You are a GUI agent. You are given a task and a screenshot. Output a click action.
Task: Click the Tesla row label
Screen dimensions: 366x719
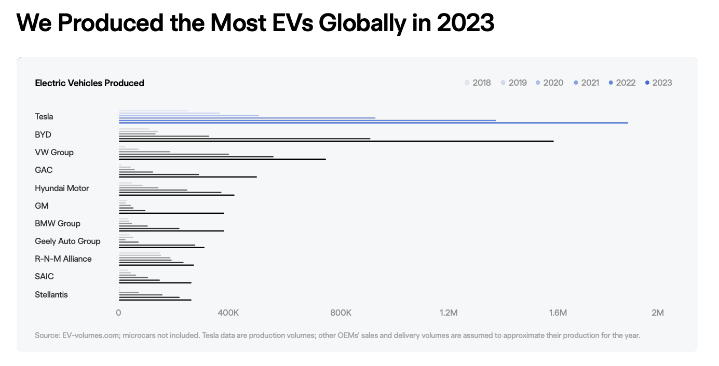[44, 117]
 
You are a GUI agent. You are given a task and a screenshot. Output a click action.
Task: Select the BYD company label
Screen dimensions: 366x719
[43, 134]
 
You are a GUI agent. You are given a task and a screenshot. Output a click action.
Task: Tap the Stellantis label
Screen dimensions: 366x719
[51, 294]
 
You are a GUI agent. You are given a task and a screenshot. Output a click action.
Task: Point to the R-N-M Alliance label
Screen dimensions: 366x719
[63, 259]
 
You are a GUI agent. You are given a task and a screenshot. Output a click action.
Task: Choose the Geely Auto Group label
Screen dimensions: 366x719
[67, 241]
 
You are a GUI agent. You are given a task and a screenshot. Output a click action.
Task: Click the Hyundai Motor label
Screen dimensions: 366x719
[62, 188]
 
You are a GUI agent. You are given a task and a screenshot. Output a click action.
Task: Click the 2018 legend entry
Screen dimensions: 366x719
[478, 83]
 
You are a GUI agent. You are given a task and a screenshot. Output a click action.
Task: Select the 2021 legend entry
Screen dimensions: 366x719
[587, 83]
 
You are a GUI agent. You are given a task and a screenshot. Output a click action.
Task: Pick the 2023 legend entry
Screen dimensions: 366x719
[659, 83]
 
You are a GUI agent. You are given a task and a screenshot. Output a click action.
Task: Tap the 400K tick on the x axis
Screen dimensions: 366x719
[228, 313]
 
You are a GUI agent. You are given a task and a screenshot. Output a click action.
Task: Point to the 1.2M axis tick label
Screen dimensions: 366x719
[449, 313]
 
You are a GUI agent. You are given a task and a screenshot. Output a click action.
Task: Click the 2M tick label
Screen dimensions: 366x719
[657, 313]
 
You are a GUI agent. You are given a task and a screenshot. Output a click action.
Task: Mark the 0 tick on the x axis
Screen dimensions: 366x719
[119, 313]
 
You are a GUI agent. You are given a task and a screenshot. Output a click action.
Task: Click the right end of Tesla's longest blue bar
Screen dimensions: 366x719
[627, 123]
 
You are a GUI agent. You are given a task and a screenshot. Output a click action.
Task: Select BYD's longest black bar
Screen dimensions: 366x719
[336, 141]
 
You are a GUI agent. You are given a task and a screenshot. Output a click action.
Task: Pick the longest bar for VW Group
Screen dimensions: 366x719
[222, 159]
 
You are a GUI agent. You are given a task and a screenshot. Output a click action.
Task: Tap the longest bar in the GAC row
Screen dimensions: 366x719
[187, 177]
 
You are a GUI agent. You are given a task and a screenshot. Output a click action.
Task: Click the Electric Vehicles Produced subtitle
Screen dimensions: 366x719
[89, 83]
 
